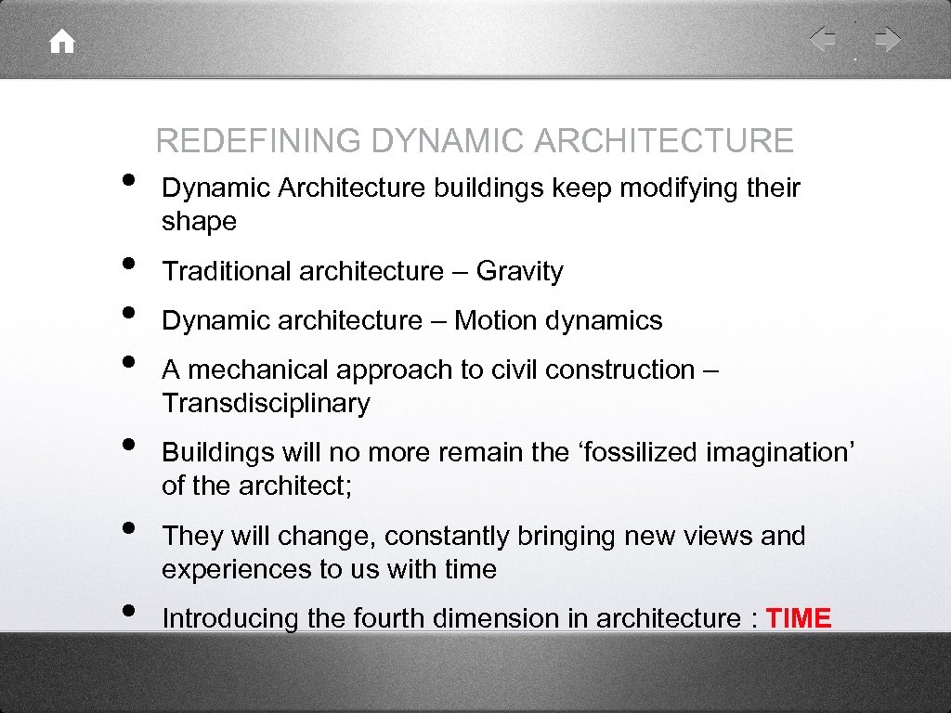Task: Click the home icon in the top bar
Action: pyautogui.click(x=62, y=42)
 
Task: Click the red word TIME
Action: pyautogui.click(x=799, y=618)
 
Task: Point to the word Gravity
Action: pyautogui.click(x=520, y=271)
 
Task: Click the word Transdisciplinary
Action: pyautogui.click(x=266, y=404)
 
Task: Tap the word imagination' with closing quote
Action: pyautogui.click(x=781, y=452)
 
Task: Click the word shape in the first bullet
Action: pyautogui.click(x=199, y=222)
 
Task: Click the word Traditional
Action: pyautogui.click(x=227, y=271)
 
